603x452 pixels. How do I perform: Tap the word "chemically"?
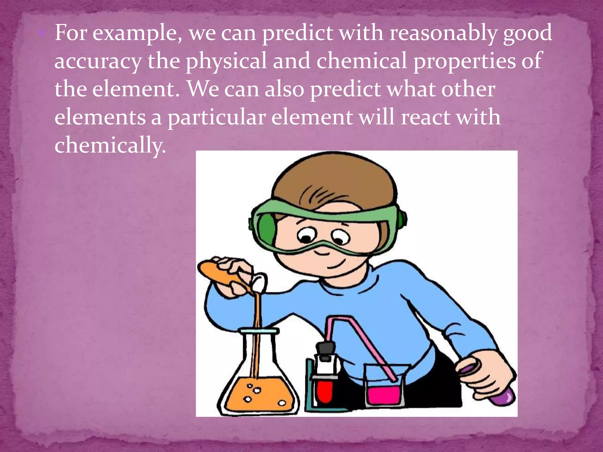pos(110,145)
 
